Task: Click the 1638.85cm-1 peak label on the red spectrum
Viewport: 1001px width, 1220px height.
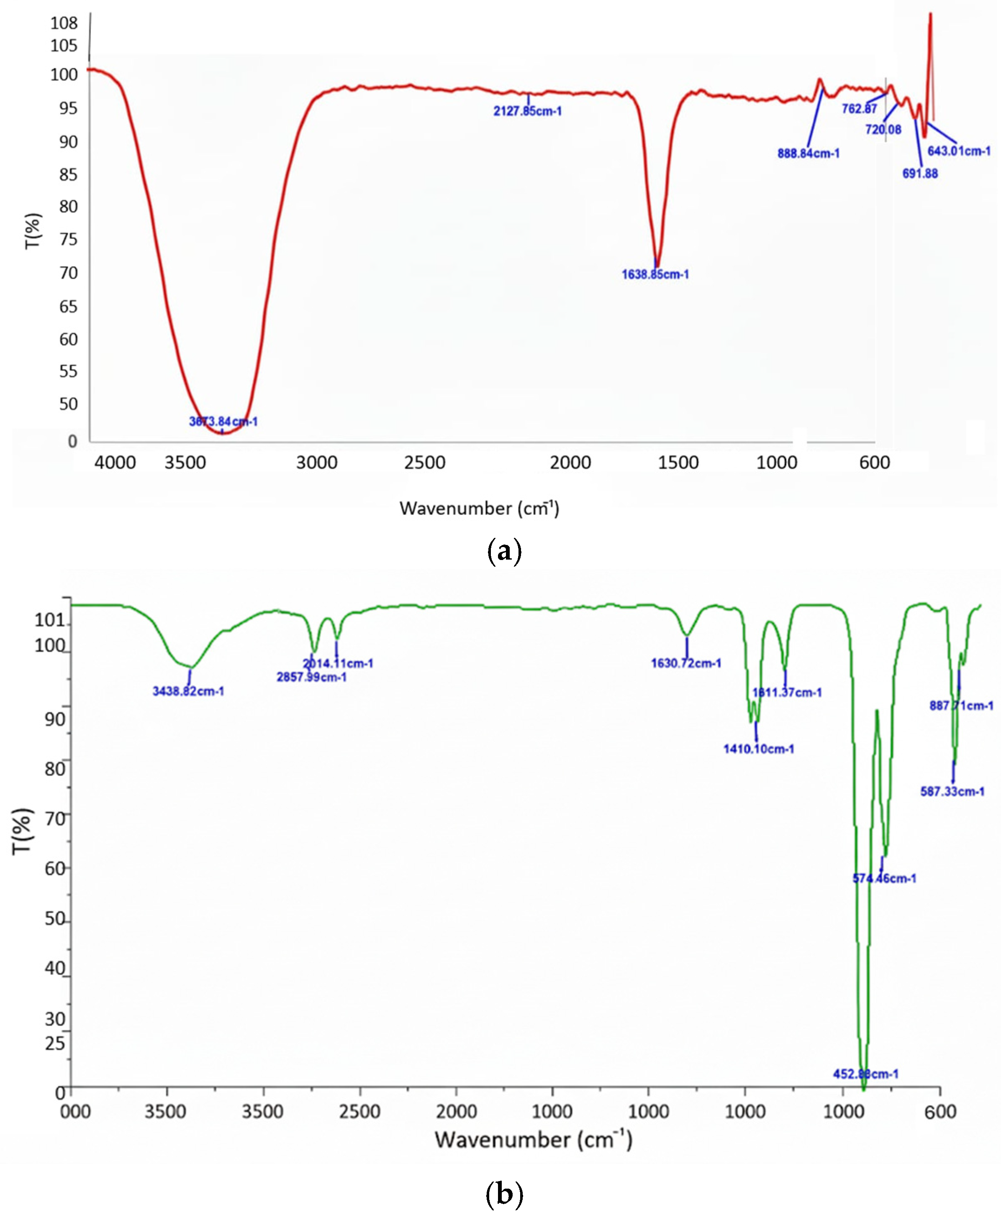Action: [655, 274]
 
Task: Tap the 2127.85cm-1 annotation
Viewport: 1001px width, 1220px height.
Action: [527, 111]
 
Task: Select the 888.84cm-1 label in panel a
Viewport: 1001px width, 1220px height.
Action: [808, 154]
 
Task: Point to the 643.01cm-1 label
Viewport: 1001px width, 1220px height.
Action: [959, 151]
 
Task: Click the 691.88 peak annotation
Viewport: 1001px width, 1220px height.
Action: [920, 174]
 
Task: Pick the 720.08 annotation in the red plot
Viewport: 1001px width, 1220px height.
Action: [883, 130]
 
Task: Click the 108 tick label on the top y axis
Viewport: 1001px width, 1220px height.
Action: [64, 23]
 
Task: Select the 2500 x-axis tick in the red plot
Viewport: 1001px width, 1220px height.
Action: [424, 462]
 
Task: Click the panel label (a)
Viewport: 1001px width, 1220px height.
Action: [504, 552]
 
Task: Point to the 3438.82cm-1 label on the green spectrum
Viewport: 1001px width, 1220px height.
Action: [188, 691]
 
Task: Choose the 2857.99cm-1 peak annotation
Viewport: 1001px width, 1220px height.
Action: [311, 677]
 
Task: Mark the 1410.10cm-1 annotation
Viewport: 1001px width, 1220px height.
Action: [758, 749]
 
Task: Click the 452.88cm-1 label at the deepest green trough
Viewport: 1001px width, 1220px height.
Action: [865, 1074]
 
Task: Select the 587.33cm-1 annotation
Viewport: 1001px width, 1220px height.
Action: [952, 792]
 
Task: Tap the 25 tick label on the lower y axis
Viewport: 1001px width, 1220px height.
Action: [55, 1043]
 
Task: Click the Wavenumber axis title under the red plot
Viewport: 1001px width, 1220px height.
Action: [479, 508]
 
